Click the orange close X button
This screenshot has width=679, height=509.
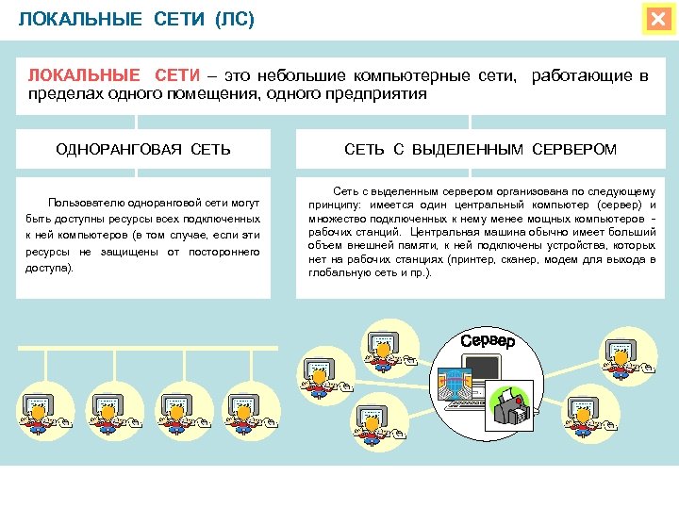tap(656, 20)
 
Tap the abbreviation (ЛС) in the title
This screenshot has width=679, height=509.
tap(235, 20)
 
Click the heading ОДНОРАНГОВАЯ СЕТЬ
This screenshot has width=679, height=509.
tap(143, 149)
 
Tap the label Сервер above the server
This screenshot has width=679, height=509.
tap(489, 340)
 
